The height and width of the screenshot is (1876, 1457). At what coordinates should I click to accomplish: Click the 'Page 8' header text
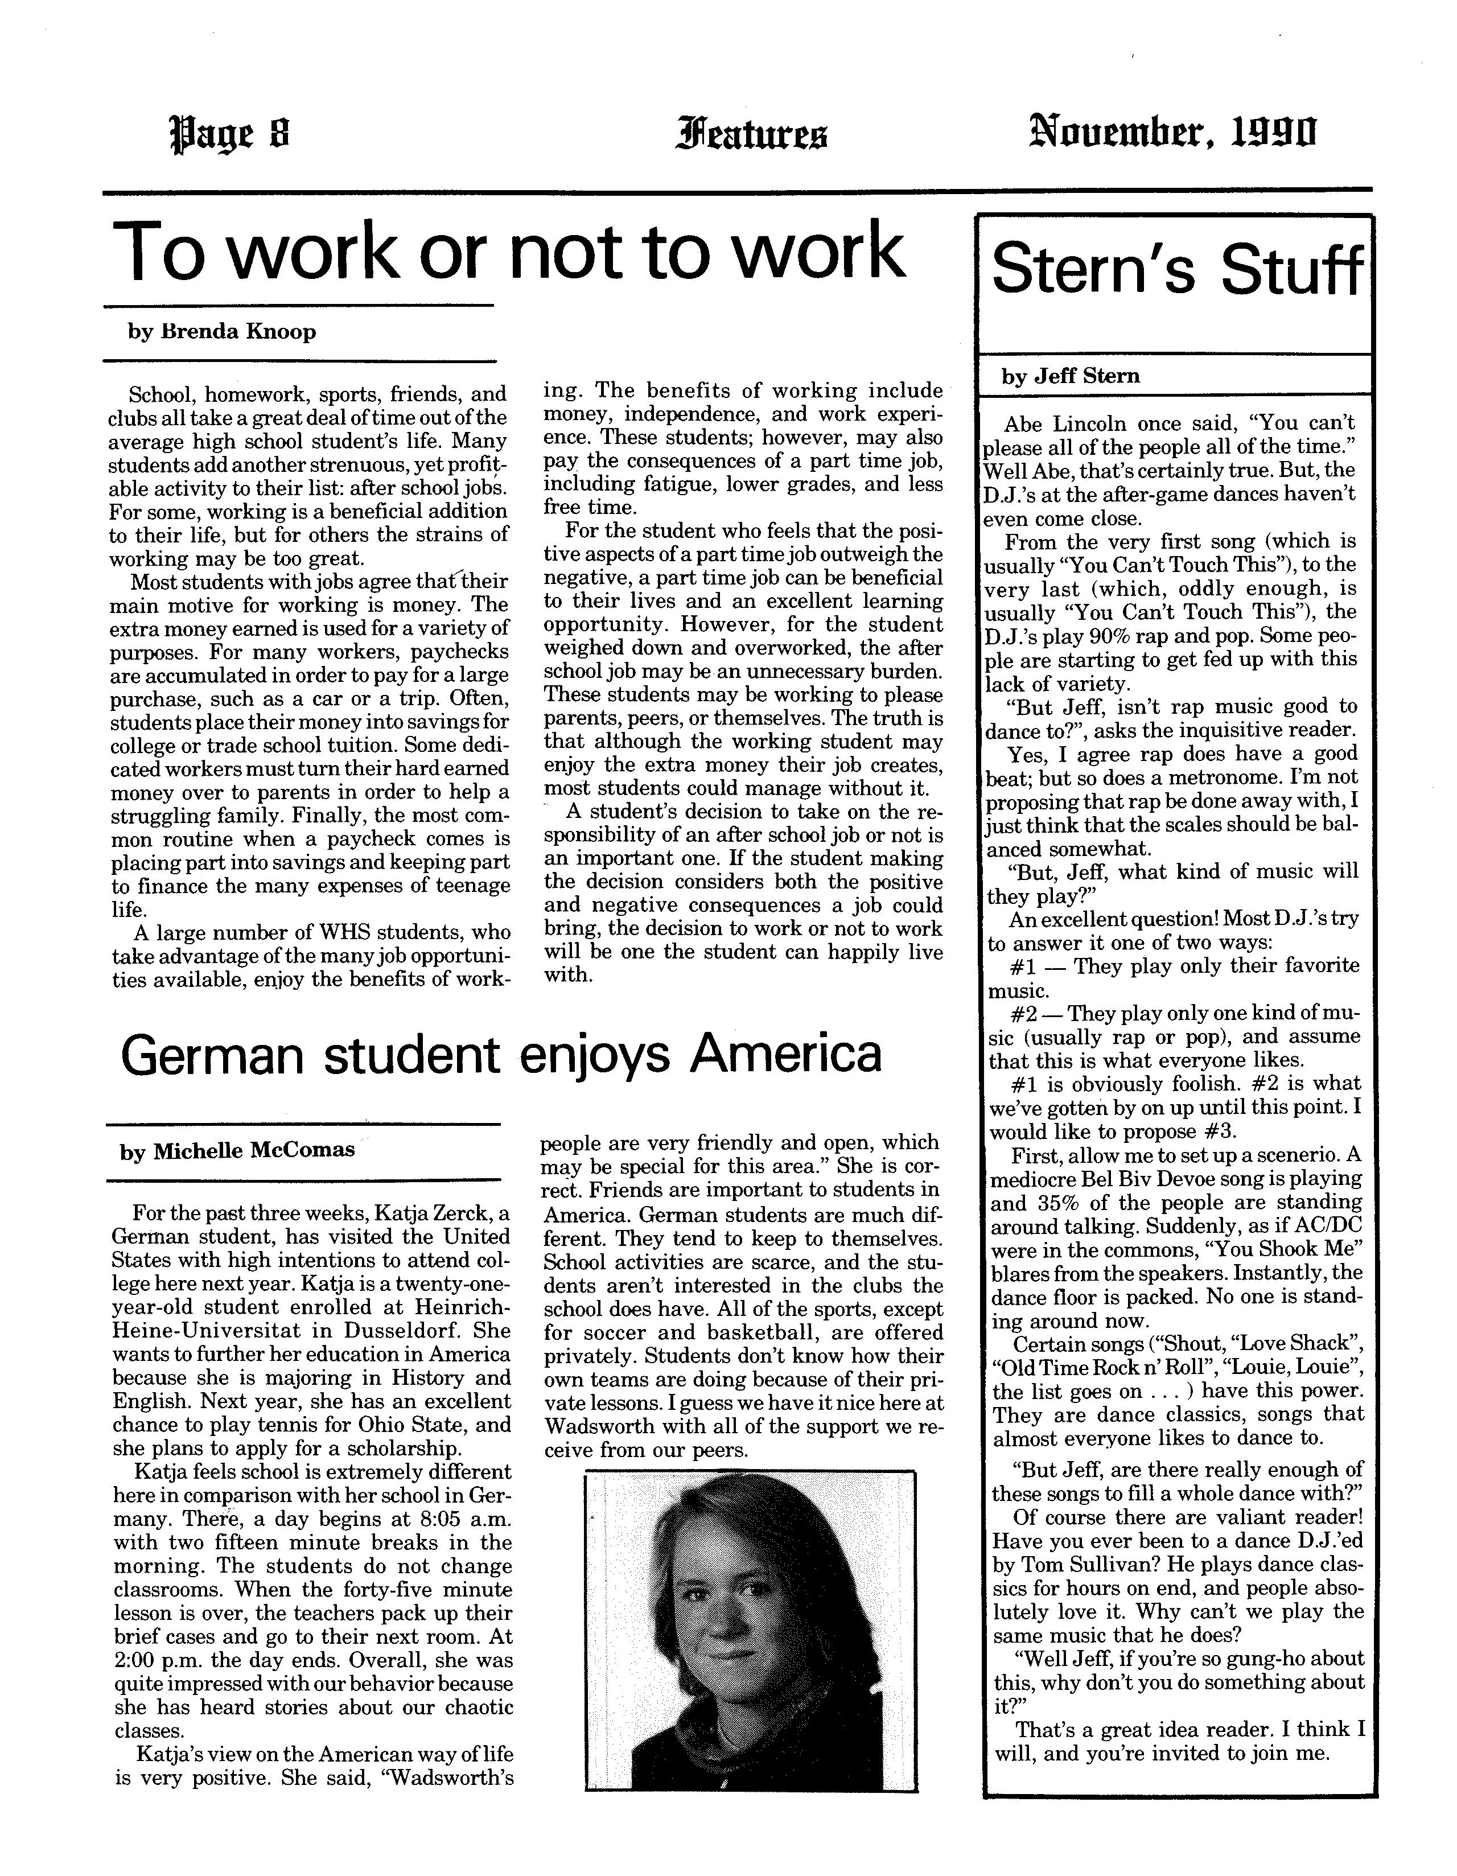coord(231,135)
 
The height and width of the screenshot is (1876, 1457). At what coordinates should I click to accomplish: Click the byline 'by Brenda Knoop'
coord(221,332)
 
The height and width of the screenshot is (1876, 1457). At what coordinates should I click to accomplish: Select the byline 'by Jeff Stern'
coord(1071,376)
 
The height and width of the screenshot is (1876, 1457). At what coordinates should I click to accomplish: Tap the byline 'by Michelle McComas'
coord(237,1151)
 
